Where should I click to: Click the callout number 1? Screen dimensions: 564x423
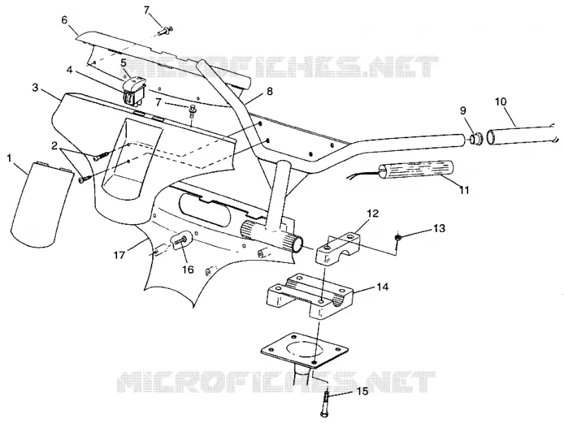click(x=10, y=158)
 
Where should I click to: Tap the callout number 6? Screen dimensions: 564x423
click(x=64, y=20)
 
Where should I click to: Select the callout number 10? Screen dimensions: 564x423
click(x=501, y=102)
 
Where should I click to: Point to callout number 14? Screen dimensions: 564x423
click(x=382, y=287)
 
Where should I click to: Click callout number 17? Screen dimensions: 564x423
click(x=119, y=255)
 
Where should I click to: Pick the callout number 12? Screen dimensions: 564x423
click(x=373, y=214)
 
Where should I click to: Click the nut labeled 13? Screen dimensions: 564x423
click(x=398, y=238)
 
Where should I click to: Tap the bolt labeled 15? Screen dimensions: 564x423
click(x=325, y=403)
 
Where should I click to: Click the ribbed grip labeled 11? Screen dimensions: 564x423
click(x=415, y=171)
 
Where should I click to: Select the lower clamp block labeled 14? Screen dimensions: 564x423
click(x=310, y=295)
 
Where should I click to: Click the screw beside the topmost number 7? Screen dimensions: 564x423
click(x=166, y=30)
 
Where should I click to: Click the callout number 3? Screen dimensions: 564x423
click(x=35, y=87)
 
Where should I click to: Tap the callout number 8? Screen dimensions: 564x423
click(x=269, y=92)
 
